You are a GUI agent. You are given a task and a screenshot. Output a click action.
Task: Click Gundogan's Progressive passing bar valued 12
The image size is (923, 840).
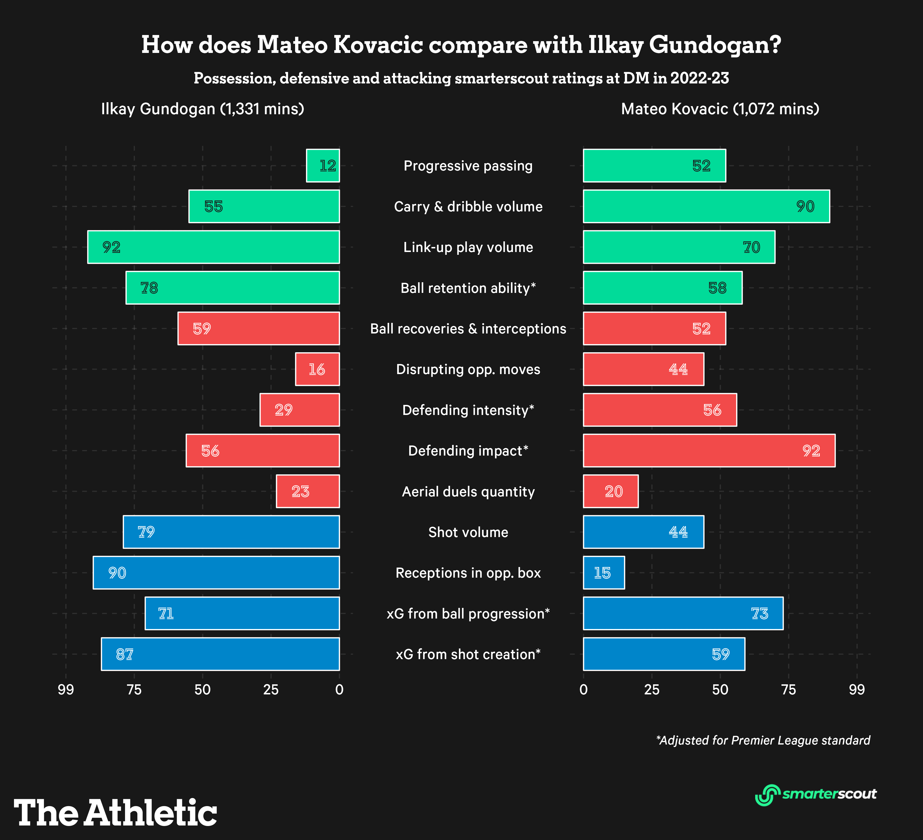323,165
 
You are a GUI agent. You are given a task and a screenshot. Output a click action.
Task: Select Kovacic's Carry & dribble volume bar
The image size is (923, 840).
706,206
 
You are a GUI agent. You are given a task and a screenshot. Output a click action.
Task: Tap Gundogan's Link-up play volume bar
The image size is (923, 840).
213,247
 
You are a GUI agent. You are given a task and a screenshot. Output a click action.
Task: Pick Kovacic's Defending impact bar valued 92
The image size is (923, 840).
709,451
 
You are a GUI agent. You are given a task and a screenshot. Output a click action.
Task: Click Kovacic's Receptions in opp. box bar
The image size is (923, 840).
603,572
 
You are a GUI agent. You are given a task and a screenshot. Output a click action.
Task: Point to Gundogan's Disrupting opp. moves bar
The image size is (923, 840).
317,369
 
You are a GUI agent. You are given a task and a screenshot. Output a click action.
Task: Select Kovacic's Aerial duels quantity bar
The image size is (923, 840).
610,491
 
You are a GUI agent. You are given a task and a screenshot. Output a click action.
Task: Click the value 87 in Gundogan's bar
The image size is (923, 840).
124,654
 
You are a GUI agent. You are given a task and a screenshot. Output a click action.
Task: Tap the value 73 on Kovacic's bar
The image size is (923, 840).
760,613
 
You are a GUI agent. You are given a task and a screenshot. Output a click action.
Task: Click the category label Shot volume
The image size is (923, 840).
468,532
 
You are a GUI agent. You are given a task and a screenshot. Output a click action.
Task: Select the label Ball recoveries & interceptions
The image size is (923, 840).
468,328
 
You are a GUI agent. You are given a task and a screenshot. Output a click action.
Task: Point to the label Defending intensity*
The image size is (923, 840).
468,410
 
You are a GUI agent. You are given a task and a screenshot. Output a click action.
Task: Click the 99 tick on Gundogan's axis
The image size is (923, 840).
66,689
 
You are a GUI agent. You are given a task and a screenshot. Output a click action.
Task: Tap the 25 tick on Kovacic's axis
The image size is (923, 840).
651,689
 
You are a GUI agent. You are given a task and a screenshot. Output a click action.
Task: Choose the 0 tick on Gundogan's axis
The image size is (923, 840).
339,689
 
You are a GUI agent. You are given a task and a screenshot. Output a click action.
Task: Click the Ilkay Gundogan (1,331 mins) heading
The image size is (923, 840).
203,109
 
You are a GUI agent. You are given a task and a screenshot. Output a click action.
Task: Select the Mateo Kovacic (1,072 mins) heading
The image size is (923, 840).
720,109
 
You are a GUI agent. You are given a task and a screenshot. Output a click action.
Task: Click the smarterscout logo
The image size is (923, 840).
815,794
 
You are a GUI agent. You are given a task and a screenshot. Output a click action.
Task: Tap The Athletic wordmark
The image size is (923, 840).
115,813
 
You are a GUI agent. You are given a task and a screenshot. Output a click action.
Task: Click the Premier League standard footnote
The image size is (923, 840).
763,740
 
